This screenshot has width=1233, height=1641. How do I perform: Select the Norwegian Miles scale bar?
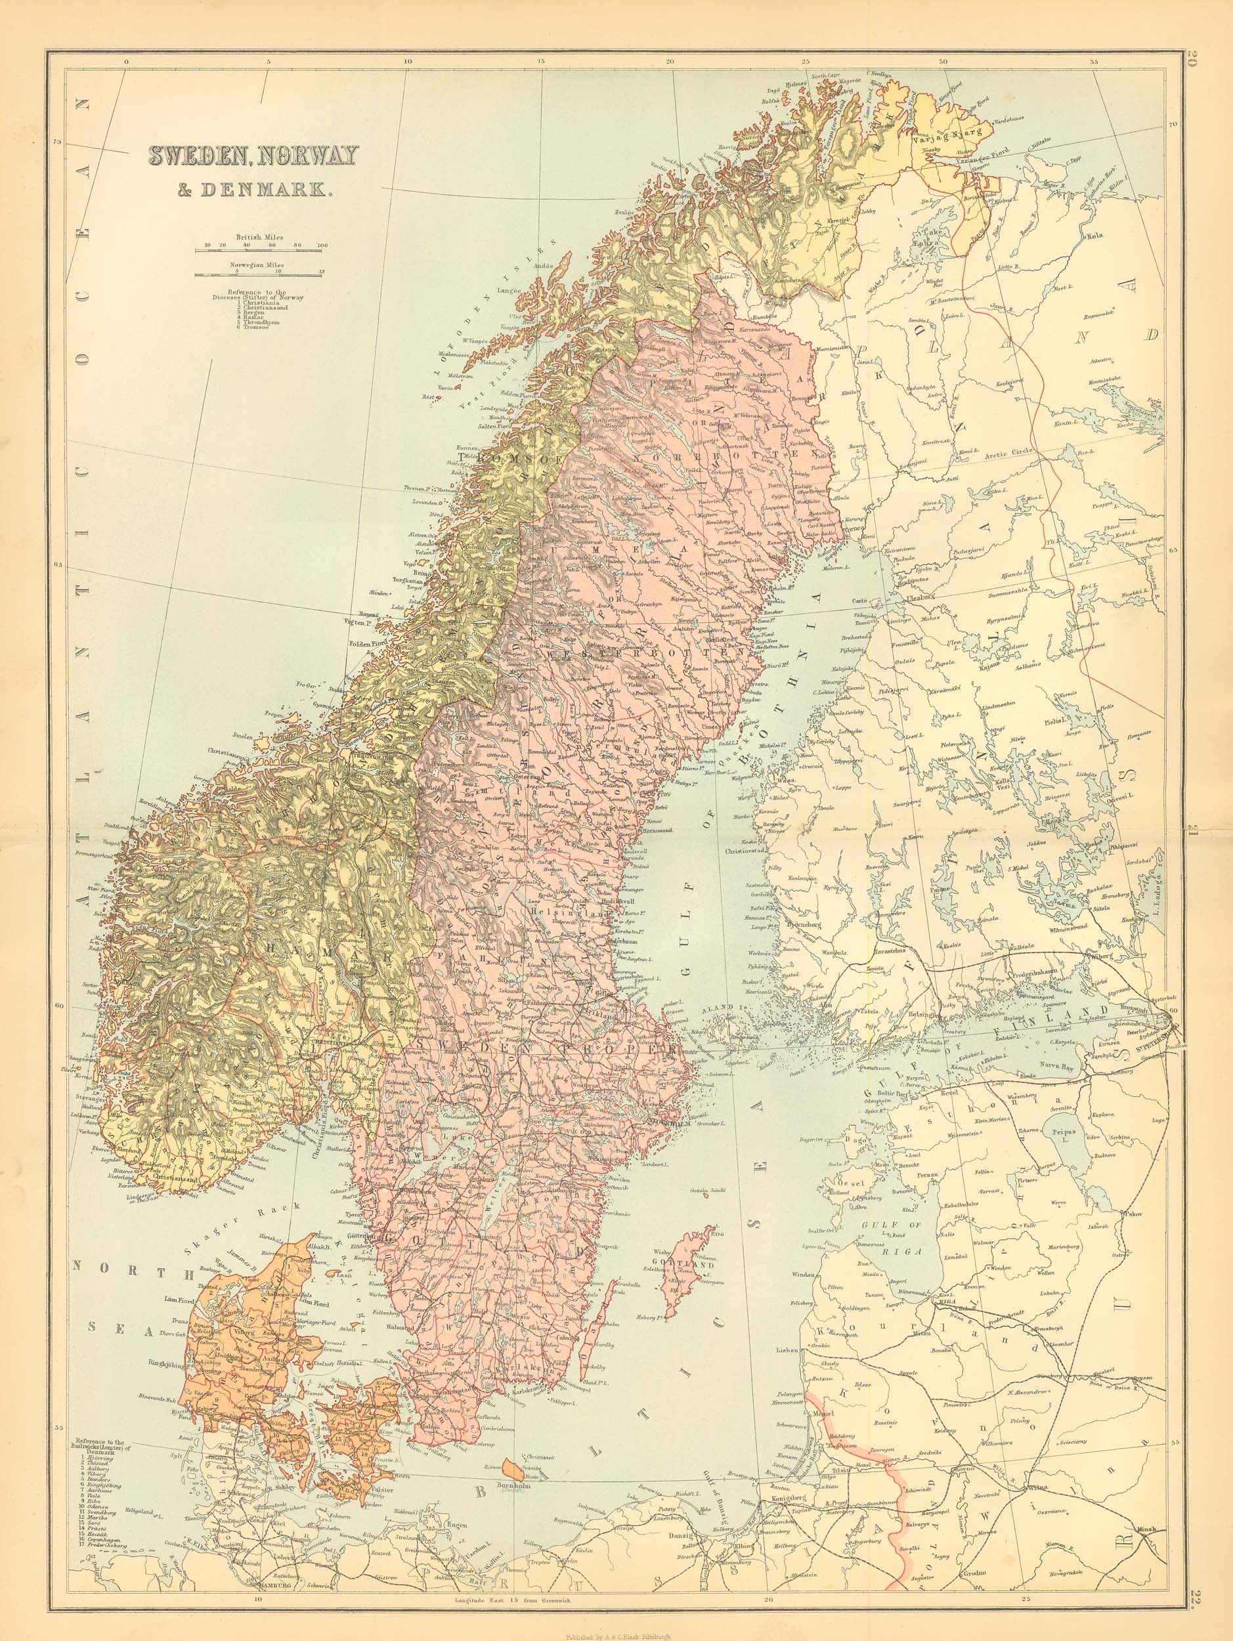(258, 274)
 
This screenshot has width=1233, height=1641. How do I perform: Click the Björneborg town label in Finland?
(798, 926)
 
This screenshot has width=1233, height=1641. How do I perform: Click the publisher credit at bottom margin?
(616, 1630)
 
